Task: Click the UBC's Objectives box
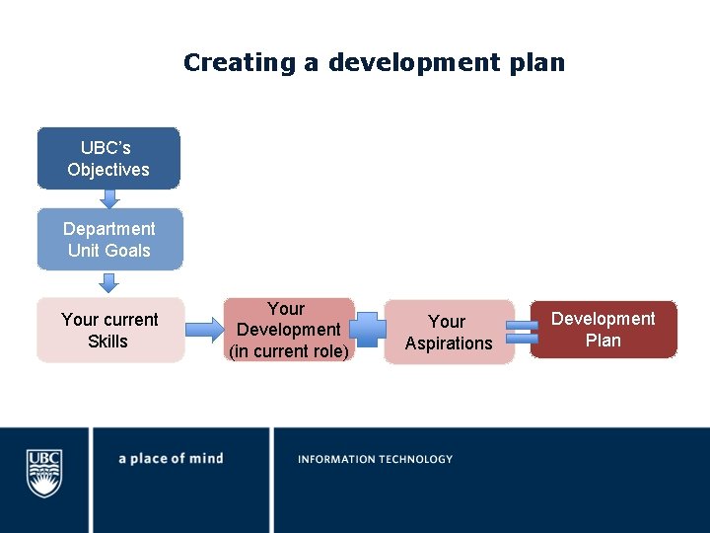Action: click(108, 158)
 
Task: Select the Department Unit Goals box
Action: click(109, 239)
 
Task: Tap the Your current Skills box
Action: click(109, 330)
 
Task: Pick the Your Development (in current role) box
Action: click(288, 330)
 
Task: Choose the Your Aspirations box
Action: click(449, 333)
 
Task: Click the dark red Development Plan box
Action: click(603, 330)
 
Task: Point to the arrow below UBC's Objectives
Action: click(109, 198)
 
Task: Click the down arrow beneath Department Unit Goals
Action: click(109, 282)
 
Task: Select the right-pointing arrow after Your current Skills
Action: click(204, 329)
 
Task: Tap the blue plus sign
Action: click(369, 330)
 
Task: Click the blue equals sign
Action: click(522, 332)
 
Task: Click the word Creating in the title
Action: click(240, 63)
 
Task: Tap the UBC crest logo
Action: click(43, 474)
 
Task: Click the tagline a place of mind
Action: click(171, 459)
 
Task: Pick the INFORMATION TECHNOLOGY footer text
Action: click(375, 459)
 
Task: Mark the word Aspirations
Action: click(449, 343)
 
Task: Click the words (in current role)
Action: click(288, 350)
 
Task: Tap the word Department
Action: click(109, 229)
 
